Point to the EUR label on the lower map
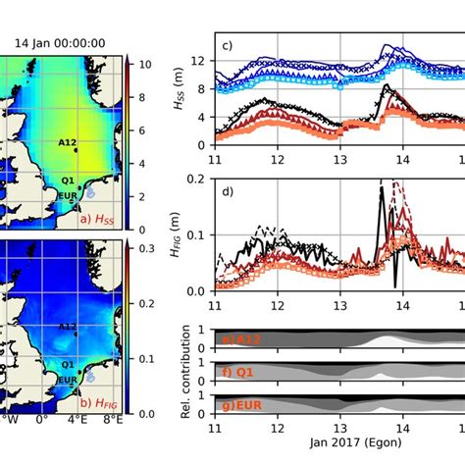[67, 378]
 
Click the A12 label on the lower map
[68, 327]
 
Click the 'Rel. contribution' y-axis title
[187, 373]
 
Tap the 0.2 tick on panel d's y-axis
[200, 179]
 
